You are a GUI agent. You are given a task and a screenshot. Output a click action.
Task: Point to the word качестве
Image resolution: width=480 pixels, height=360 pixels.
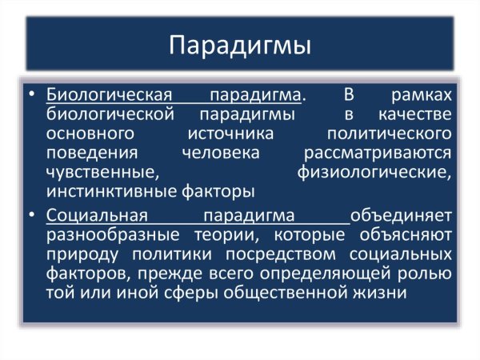click(415, 114)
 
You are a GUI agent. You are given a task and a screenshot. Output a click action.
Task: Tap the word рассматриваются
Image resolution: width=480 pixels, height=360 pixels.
click(379, 153)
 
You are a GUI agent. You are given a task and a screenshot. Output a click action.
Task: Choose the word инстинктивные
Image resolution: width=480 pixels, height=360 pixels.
click(107, 191)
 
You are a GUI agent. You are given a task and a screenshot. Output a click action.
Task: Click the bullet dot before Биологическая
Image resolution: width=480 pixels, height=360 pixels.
click(30, 95)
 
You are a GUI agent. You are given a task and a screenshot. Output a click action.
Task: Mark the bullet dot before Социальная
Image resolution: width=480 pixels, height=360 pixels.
click(30, 216)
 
